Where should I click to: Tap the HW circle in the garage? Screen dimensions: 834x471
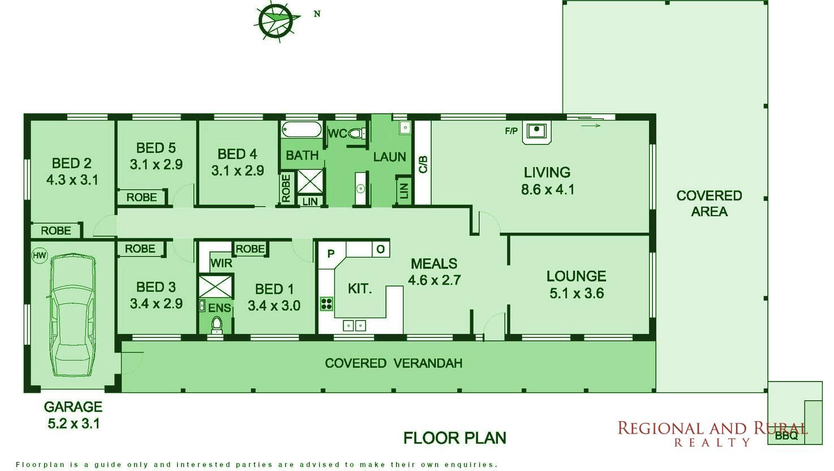point(39,256)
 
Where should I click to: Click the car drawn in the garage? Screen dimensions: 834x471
point(73,315)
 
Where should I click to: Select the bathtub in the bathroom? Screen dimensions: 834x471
point(302,130)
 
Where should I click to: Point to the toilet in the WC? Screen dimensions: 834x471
point(356,133)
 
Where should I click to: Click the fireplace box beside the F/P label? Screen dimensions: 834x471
point(536,132)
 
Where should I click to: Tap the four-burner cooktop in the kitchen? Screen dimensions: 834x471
point(326,304)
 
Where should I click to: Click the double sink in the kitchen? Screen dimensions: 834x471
point(354,326)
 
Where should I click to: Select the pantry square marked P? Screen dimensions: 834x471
point(330,254)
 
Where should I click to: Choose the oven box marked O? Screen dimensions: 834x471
point(381,249)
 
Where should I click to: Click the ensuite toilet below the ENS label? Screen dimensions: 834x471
point(216,325)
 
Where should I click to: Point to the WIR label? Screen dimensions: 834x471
point(221,263)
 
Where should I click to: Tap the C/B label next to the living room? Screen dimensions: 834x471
point(423,164)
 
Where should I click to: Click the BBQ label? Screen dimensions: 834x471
point(786,436)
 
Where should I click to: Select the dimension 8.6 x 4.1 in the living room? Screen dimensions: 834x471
point(547,190)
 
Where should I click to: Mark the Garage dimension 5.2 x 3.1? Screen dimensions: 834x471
point(74,423)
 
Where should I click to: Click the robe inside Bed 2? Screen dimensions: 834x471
point(56,230)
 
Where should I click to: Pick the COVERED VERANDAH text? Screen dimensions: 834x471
point(394,363)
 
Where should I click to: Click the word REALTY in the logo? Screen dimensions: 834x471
point(712,443)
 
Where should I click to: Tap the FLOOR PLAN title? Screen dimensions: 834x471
point(454,438)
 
